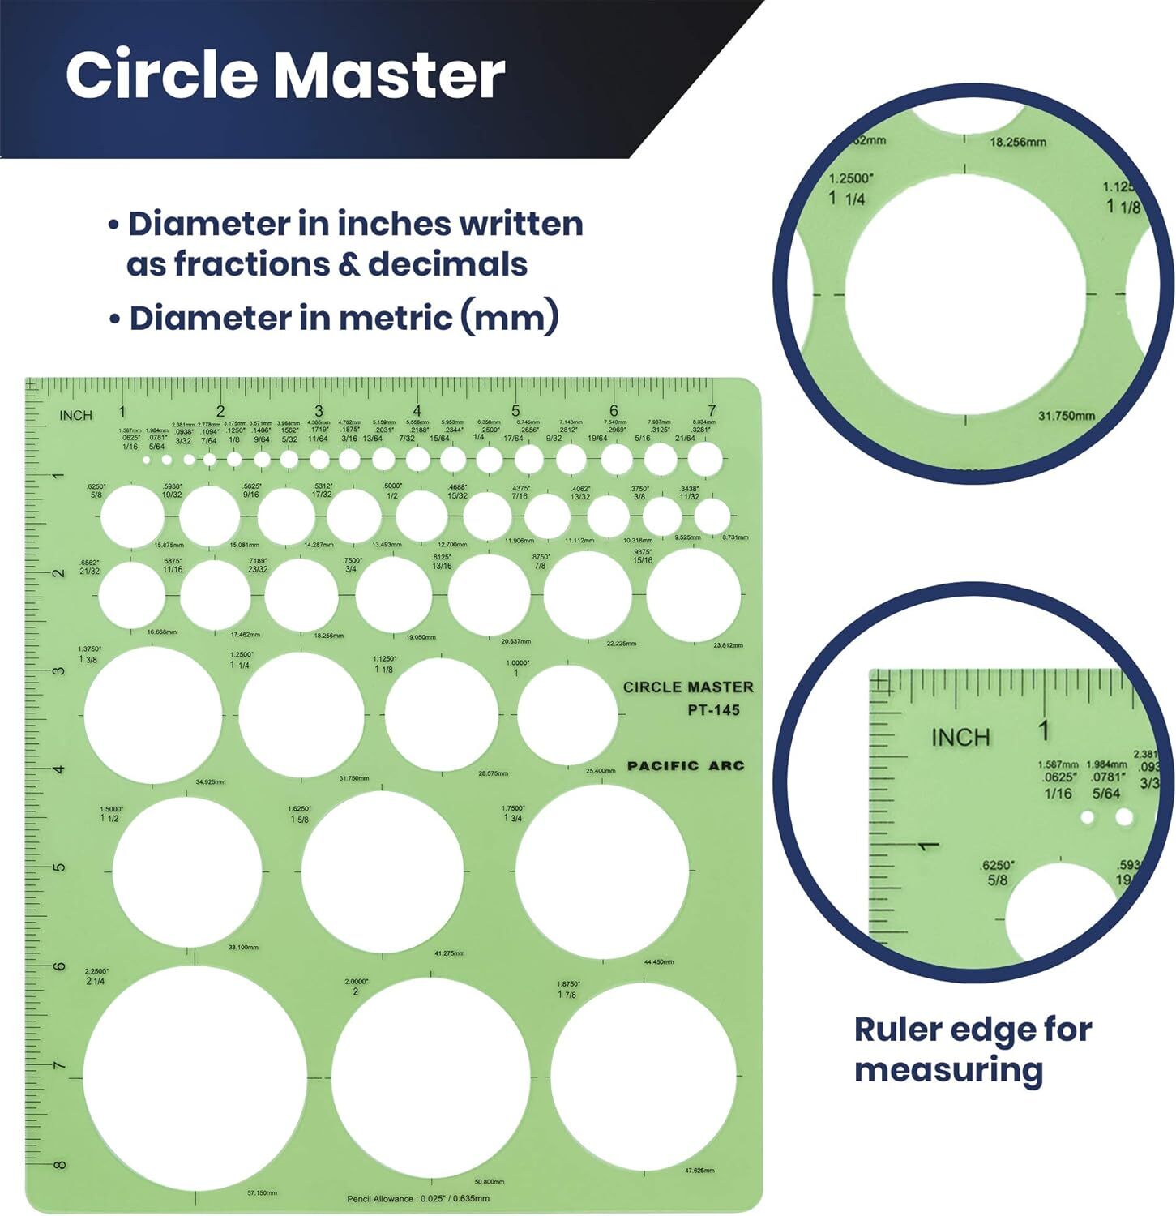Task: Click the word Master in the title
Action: [x=390, y=75]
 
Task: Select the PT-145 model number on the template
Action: [x=713, y=710]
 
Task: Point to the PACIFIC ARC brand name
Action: [x=686, y=765]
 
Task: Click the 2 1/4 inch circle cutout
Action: [x=195, y=1077]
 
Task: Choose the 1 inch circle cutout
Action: [x=567, y=714]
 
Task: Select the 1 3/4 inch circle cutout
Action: [x=602, y=871]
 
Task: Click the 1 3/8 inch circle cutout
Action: [x=153, y=715]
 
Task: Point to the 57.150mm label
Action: [x=261, y=1193]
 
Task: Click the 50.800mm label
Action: [x=489, y=1182]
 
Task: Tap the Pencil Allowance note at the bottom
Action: [x=417, y=1198]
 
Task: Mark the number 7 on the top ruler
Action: [x=712, y=410]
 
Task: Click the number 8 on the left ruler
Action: [x=59, y=1165]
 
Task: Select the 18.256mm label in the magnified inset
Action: [x=1018, y=142]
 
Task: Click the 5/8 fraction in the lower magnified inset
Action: [x=998, y=880]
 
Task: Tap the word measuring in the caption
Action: [x=948, y=1070]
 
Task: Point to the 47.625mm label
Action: [x=699, y=1171]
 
